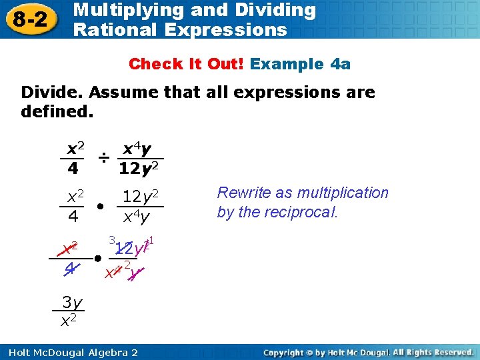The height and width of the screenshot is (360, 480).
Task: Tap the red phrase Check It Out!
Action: (187, 64)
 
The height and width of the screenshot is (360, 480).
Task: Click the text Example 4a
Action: (301, 64)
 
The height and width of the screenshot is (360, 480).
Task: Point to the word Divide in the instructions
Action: (47, 92)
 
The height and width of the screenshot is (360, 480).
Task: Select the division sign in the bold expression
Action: (103, 157)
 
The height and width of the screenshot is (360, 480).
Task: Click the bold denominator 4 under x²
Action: (72, 169)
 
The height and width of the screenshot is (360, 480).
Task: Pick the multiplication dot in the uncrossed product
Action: (99, 206)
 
